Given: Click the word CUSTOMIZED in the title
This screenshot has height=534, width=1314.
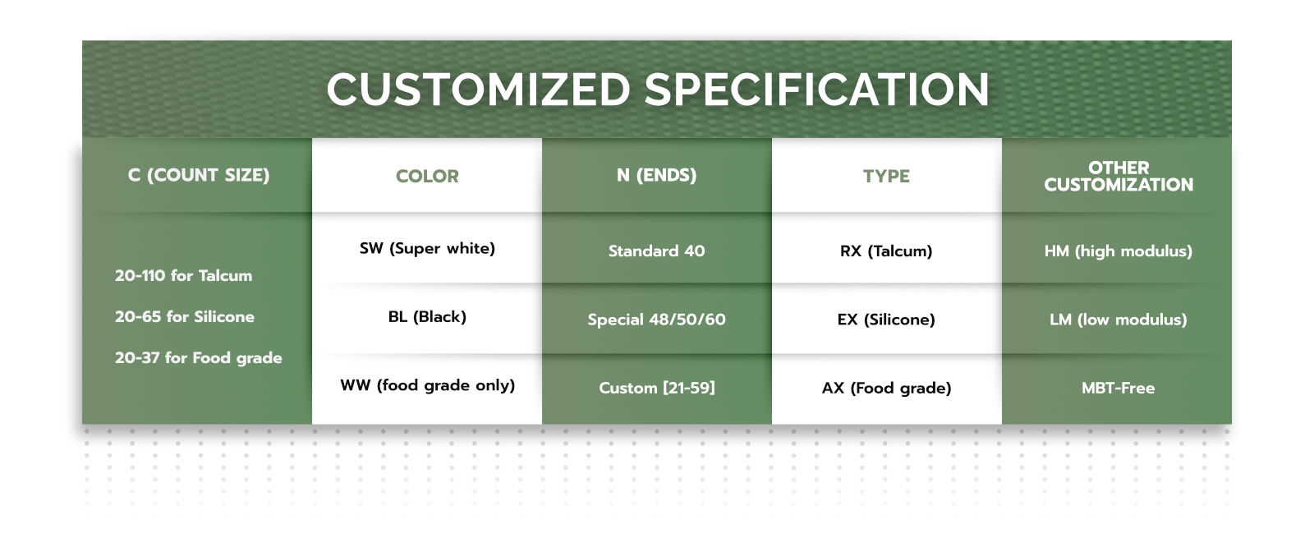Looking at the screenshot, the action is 478,90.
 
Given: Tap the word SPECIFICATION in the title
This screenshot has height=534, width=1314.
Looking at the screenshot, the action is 816,90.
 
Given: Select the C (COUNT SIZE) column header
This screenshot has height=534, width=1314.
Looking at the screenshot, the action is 199,175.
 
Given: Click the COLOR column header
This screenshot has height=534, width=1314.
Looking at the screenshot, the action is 427,176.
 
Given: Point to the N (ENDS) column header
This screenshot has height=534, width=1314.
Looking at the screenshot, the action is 656,175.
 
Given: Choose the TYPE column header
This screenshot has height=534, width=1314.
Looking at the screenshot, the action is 886,176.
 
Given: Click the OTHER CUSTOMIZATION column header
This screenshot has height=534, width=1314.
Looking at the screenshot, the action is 1119,176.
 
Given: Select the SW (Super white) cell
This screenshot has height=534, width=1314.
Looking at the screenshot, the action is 427,248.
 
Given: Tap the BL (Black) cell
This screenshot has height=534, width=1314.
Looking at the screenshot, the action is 427,317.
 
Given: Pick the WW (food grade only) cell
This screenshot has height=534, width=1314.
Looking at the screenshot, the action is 428,385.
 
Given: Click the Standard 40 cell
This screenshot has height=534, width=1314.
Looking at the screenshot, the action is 656,251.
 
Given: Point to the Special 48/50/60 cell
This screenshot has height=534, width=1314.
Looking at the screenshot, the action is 656,320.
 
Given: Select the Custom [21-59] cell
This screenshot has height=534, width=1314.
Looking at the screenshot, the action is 657,388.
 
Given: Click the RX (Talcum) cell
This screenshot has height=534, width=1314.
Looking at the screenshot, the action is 886,251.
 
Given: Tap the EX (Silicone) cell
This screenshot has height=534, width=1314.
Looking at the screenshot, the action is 886,320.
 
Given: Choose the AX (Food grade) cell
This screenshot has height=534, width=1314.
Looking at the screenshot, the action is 886,388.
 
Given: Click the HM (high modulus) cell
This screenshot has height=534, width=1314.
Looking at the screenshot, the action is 1119,251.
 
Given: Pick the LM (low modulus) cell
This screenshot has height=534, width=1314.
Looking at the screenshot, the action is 1119,320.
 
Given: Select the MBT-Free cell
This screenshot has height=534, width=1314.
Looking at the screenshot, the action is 1119,388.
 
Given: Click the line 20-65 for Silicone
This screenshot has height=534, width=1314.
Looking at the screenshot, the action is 185,317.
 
